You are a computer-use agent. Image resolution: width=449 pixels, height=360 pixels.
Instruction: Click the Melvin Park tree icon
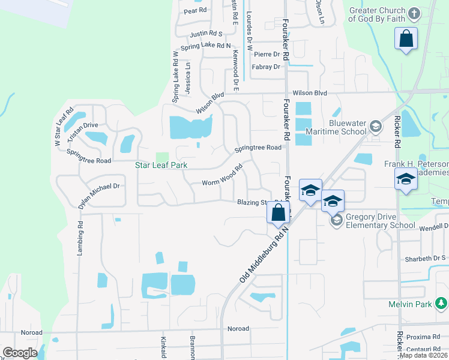click(x=442, y=304)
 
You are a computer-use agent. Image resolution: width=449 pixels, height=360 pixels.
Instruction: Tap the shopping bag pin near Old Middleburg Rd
click(x=279, y=212)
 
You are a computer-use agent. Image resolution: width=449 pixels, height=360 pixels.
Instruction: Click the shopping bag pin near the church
click(x=406, y=39)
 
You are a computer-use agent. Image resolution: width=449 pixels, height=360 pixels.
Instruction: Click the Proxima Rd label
click(x=427, y=338)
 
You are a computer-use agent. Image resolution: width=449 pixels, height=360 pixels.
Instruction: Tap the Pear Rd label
click(x=195, y=11)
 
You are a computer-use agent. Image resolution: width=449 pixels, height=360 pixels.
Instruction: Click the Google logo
click(x=20, y=353)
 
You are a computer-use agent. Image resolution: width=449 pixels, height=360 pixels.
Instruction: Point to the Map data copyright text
click(x=423, y=355)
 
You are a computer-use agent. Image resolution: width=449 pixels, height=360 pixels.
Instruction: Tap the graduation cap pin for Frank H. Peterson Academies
click(x=406, y=179)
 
